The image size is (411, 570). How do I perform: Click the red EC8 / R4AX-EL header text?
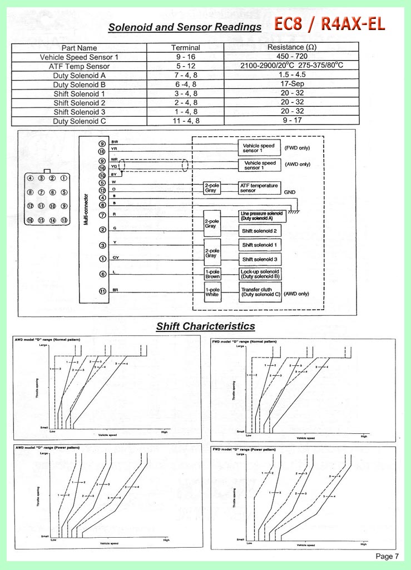(329, 24)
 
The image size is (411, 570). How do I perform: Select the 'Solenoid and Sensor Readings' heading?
(185, 27)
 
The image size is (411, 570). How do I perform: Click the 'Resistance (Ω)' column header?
(291, 48)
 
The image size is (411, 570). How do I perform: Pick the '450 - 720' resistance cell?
(291, 57)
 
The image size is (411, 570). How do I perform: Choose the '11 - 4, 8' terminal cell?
(185, 121)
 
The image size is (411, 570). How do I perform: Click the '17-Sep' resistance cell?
(291, 85)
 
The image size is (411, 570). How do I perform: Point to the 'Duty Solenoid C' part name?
(79, 121)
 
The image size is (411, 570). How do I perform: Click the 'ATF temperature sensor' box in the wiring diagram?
(259, 187)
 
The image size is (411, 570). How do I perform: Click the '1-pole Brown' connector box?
(212, 274)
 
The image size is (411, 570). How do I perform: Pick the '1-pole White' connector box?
(212, 293)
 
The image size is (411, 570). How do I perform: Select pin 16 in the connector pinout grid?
(31, 220)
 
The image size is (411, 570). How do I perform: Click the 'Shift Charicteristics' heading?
(205, 326)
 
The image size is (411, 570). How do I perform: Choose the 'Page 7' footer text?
(387, 556)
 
